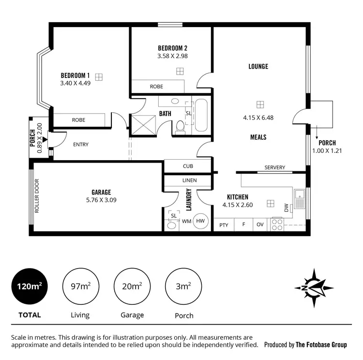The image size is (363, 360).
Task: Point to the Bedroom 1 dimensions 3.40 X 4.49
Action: pos(75,83)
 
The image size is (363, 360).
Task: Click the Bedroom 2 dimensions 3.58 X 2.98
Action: pos(172,56)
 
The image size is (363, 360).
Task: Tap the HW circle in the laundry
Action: pos(200,221)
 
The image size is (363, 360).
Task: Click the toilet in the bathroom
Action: pos(180,127)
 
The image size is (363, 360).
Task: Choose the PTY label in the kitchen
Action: pos(224,225)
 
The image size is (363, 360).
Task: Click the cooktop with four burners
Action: pos(277,225)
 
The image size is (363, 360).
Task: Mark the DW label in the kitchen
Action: pos(287,208)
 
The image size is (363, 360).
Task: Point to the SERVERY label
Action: pos(274,168)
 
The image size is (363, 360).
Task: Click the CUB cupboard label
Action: pos(188,166)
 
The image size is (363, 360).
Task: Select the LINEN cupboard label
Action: pos(189,180)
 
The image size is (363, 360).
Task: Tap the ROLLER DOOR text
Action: pos(37,196)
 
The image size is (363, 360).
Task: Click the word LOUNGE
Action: pos(258,66)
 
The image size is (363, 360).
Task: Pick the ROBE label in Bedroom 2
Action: pos(156,87)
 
